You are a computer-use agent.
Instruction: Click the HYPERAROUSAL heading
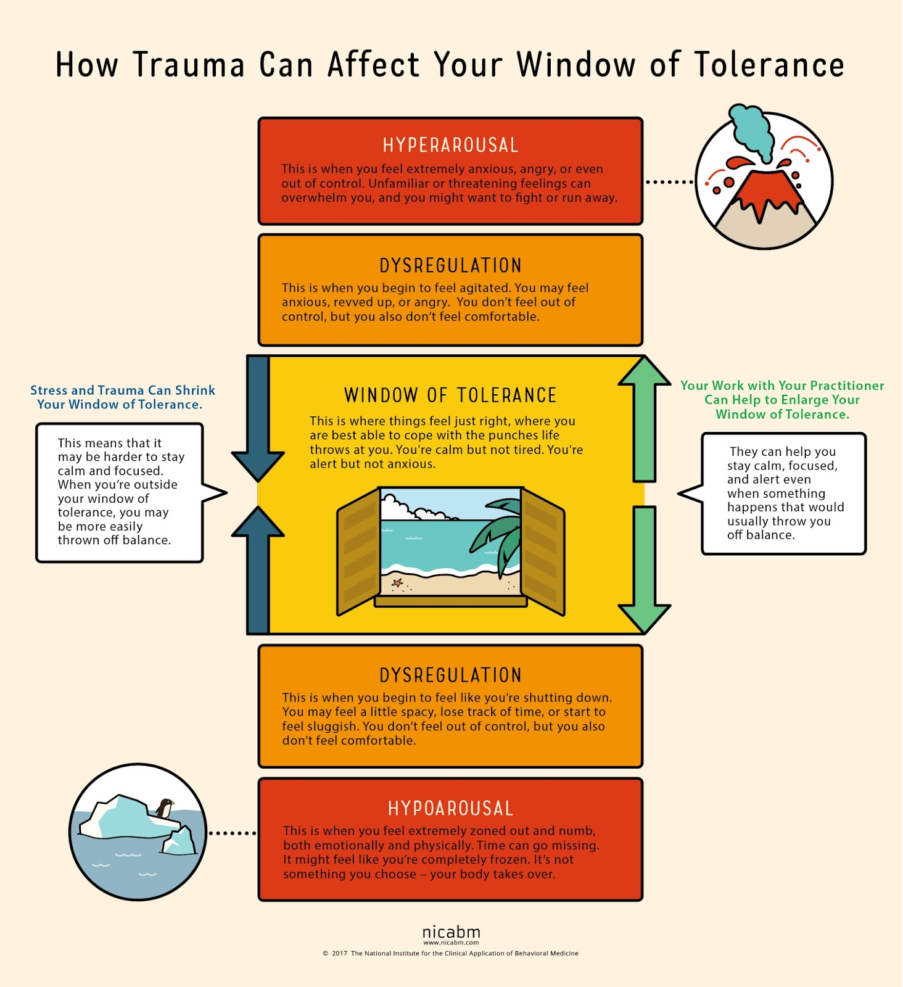pyautogui.click(x=450, y=146)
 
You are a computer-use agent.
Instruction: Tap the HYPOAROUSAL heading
pyautogui.click(x=450, y=809)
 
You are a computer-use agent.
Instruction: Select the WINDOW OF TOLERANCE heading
pyautogui.click(x=450, y=395)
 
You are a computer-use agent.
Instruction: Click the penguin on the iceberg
pyautogui.click(x=165, y=808)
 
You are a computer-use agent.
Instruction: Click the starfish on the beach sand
pyautogui.click(x=397, y=582)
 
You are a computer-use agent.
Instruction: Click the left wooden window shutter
pyautogui.click(x=358, y=551)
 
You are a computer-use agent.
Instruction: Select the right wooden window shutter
pyautogui.click(x=543, y=551)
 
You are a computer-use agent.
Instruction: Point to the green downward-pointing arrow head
pyautogui.click(x=645, y=618)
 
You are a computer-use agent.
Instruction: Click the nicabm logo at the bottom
pyautogui.click(x=451, y=932)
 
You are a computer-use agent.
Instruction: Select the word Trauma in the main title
pyautogui.click(x=189, y=65)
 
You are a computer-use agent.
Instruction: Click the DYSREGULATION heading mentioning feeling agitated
pyautogui.click(x=450, y=266)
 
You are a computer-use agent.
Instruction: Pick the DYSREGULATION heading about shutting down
pyautogui.click(x=450, y=675)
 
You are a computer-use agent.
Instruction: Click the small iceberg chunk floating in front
pyautogui.click(x=179, y=841)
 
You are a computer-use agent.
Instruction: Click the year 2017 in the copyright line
pyautogui.click(x=339, y=954)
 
